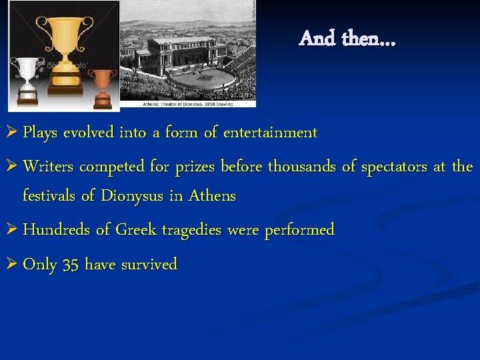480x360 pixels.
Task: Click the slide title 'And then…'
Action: click(347, 39)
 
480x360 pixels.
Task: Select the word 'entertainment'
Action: click(270, 133)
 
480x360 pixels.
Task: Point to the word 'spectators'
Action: click(394, 166)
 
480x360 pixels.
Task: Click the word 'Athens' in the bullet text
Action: click(212, 197)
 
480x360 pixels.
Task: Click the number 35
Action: click(71, 265)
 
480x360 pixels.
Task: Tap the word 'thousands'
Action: click(303, 166)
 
